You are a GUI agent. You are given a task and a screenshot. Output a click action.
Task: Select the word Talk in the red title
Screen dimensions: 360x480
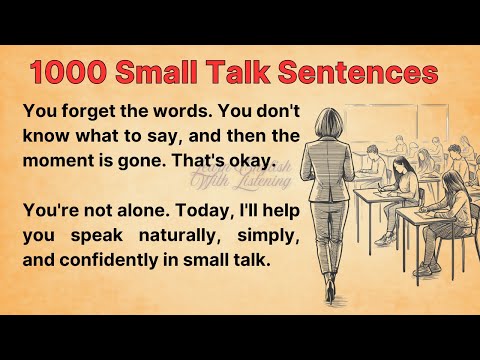245,72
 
